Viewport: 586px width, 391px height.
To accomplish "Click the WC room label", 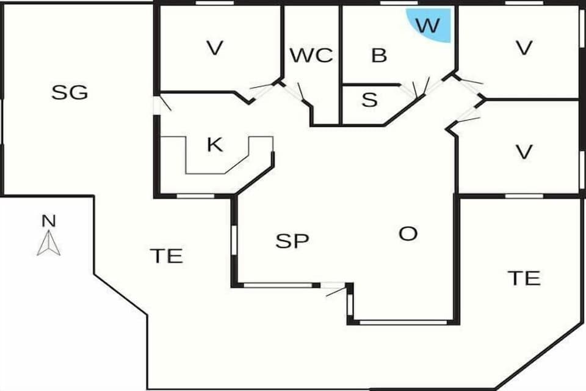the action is pos(311,56).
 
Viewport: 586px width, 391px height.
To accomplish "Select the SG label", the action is pos(70,93).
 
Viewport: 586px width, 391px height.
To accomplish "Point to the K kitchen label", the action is pos(214,145).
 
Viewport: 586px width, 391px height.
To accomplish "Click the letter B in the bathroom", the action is pos(379,56).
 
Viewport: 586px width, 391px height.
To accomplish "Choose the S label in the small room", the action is pos(369,100).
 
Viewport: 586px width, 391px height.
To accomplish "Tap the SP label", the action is pos(292,241).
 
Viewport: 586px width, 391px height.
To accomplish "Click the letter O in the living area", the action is pos(407,233).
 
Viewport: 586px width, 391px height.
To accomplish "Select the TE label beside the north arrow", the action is pos(166,256).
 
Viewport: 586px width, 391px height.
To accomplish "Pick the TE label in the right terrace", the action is pos(524,279).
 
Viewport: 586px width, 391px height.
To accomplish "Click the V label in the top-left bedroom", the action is pos(214,48).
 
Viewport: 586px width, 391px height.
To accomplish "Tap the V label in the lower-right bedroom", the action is pos(524,152).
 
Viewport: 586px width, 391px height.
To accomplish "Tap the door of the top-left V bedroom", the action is pos(262,90).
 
